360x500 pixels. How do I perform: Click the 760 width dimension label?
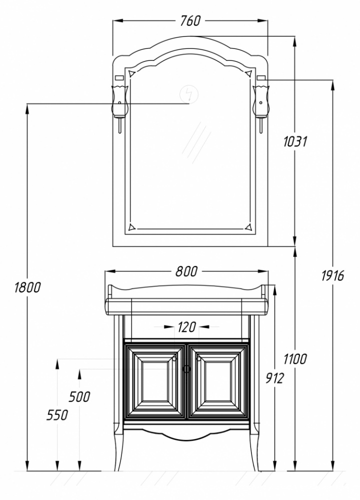click(x=190, y=21)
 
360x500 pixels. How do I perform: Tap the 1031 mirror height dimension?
click(x=295, y=141)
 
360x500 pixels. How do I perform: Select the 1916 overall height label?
click(x=332, y=275)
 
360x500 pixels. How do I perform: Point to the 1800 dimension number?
click(x=27, y=287)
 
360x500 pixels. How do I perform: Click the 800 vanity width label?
click(x=186, y=271)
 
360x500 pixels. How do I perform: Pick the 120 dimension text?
click(x=187, y=327)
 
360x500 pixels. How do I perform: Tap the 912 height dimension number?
click(x=274, y=378)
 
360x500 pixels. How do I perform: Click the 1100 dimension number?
click(x=295, y=359)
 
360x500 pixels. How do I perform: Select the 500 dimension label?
click(x=79, y=397)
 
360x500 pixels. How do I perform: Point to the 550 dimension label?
click(x=57, y=415)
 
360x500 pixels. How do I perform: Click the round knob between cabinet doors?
click(x=186, y=369)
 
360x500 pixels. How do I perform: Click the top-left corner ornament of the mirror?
click(x=131, y=74)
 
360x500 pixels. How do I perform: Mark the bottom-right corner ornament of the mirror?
click(x=249, y=226)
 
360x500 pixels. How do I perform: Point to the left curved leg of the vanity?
click(x=118, y=449)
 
